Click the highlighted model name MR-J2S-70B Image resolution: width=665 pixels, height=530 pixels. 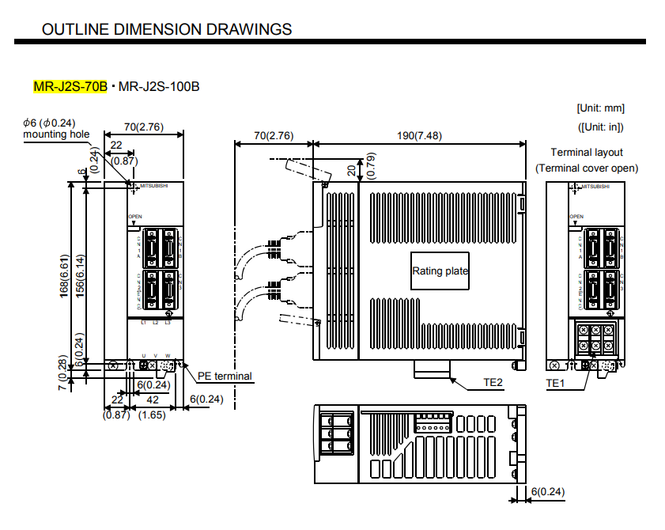[x=70, y=86]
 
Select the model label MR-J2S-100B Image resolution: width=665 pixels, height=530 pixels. [x=158, y=86]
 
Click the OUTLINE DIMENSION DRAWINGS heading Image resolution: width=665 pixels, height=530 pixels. [x=166, y=29]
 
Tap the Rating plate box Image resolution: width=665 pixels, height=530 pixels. [x=440, y=271]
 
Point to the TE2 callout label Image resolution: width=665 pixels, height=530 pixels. [x=493, y=382]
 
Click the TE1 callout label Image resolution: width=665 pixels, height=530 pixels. [x=557, y=382]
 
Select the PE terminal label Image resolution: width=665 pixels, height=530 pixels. [x=225, y=377]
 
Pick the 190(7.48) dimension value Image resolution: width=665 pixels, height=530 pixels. [x=418, y=135]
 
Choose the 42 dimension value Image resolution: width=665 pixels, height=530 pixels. [x=153, y=400]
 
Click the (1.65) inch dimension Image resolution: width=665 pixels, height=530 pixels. [x=152, y=414]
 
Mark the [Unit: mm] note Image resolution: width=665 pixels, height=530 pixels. [x=600, y=108]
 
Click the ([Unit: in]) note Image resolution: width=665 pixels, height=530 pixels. [x=600, y=126]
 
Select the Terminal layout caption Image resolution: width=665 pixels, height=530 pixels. [x=587, y=152]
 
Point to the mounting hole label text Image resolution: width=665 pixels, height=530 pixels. [x=56, y=134]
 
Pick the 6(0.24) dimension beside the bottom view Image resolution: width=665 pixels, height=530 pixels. [x=547, y=492]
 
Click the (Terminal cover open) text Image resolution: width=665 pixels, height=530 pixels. [x=587, y=168]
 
